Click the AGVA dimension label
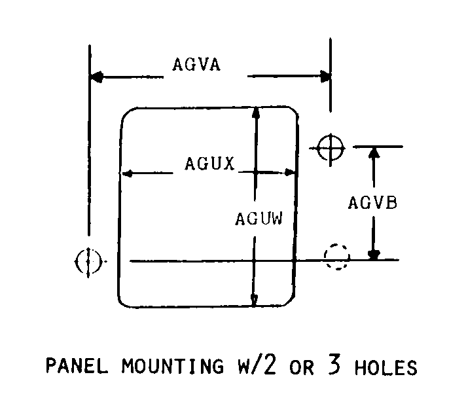[x=196, y=65]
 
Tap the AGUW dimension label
[x=259, y=218]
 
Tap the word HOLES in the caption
[x=386, y=367]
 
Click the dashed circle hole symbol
[x=337, y=257]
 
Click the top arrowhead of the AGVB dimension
[x=374, y=153]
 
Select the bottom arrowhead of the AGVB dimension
[x=374, y=254]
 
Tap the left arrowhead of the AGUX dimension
[x=127, y=173]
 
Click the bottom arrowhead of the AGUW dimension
[x=255, y=300]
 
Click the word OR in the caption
[x=302, y=367]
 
